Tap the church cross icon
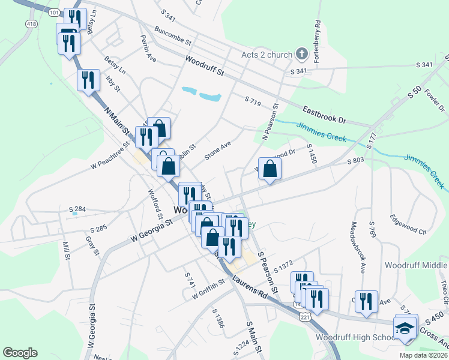click(302, 55)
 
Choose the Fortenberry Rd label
click(317, 41)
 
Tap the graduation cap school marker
click(405, 329)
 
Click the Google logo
click(20, 353)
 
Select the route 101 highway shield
click(55, 12)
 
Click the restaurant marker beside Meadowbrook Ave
click(366, 301)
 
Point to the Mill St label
click(66, 250)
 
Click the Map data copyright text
click(423, 355)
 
